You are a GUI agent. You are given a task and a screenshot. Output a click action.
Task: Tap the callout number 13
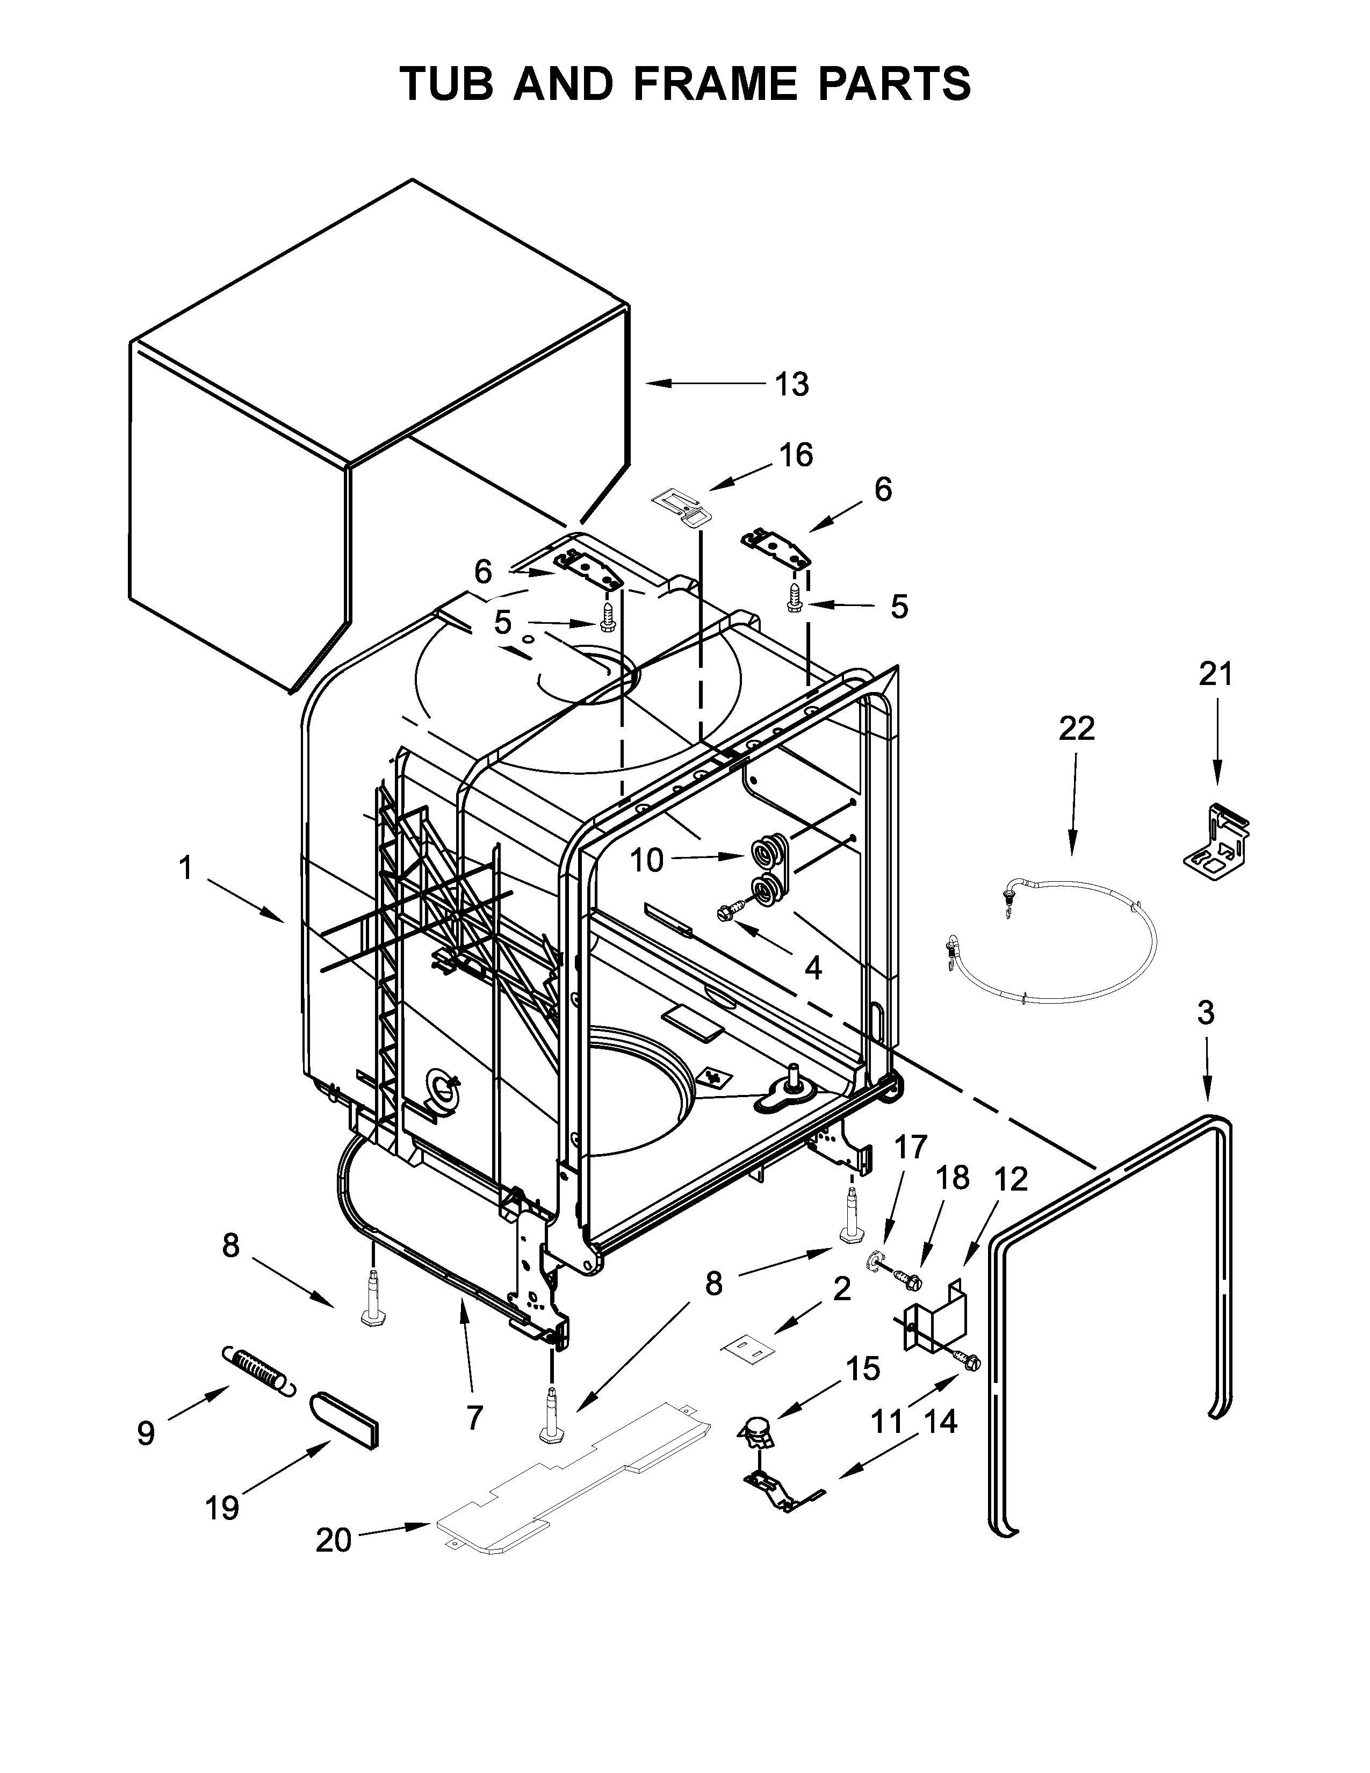(791, 384)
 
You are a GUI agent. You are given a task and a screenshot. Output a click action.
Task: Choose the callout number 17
(911, 1147)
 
